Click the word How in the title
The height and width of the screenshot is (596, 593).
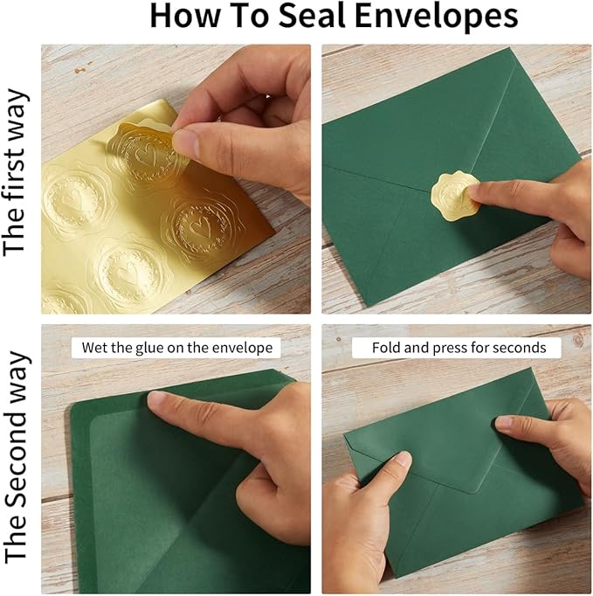point(185,16)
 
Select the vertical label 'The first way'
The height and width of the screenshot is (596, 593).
point(15,173)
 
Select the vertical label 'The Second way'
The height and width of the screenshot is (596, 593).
point(17,457)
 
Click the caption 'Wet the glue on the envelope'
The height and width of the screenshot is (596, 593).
point(177,348)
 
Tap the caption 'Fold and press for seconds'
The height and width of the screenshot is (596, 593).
point(459,348)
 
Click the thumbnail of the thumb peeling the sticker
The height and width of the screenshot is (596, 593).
point(187,142)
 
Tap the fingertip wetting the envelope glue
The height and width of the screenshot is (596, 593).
point(158,400)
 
